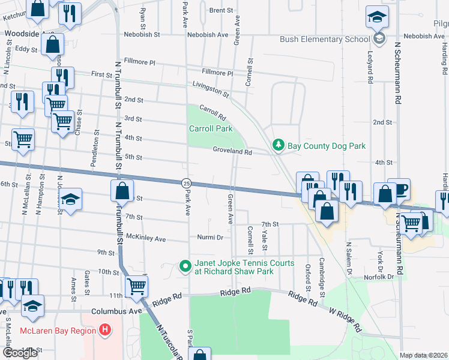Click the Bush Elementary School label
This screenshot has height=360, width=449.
(x=325, y=40)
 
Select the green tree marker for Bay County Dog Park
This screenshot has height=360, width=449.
(x=278, y=145)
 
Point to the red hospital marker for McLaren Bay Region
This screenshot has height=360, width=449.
(x=106, y=330)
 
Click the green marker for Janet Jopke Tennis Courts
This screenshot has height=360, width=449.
(x=185, y=265)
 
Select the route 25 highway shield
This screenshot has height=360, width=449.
(x=186, y=182)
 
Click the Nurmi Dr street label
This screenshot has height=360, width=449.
(x=210, y=238)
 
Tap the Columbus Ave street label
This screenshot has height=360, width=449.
(x=116, y=312)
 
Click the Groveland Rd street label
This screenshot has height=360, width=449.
(x=232, y=152)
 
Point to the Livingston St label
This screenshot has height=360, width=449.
(x=210, y=89)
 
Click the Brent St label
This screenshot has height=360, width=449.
(x=221, y=10)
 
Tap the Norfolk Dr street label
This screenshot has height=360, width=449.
(x=382, y=277)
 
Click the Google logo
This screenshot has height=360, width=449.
(x=20, y=352)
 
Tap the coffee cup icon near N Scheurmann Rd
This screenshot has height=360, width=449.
(x=399, y=189)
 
